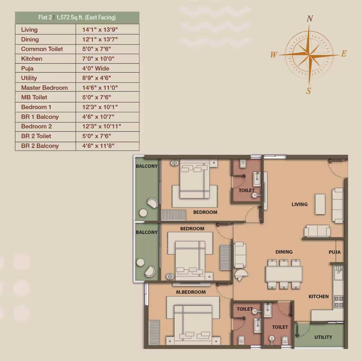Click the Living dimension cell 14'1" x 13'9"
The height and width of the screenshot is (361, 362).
click(100, 30)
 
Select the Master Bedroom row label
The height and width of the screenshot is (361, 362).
click(44, 88)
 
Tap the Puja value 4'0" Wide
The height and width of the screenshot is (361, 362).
click(96, 68)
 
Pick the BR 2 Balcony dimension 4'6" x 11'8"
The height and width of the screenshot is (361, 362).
click(98, 146)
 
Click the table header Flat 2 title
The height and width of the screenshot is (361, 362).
click(77, 18)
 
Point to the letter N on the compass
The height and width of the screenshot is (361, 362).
click(310, 19)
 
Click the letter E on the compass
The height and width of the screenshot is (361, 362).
click(344, 53)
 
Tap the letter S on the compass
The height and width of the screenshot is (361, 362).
click(309, 91)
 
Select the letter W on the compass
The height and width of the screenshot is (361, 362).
click(274, 54)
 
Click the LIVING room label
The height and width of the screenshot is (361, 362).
click(299, 204)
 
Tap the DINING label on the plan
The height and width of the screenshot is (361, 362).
click(284, 252)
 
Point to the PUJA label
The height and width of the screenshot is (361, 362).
click(334, 252)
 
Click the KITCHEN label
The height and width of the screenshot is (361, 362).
click(319, 296)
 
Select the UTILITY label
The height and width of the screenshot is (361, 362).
click(323, 337)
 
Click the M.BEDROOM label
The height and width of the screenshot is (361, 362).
click(191, 292)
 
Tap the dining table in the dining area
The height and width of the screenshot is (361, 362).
click(284, 274)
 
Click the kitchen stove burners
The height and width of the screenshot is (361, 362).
click(339, 302)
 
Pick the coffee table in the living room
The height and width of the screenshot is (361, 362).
click(320, 204)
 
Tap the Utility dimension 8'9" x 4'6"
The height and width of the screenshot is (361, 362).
click(97, 78)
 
